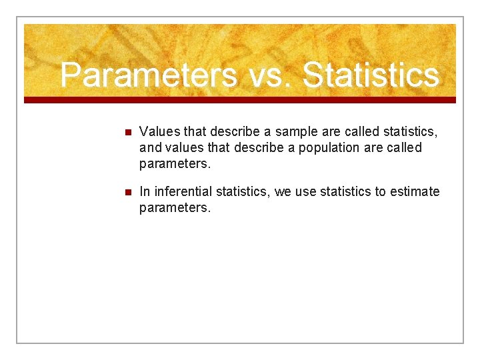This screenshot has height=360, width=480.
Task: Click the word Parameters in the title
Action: (x=148, y=75)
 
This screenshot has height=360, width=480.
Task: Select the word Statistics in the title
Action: (x=371, y=75)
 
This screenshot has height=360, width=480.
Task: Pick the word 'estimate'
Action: (x=415, y=192)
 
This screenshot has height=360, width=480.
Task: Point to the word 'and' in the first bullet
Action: (x=151, y=147)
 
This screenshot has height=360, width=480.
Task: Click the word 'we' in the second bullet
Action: (x=283, y=192)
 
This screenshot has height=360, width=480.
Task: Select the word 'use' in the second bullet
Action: (x=306, y=192)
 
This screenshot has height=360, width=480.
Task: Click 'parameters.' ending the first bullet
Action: (x=175, y=163)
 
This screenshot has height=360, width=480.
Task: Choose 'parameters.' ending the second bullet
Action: (x=175, y=208)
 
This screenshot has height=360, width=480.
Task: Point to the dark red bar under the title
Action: (x=240, y=100)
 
